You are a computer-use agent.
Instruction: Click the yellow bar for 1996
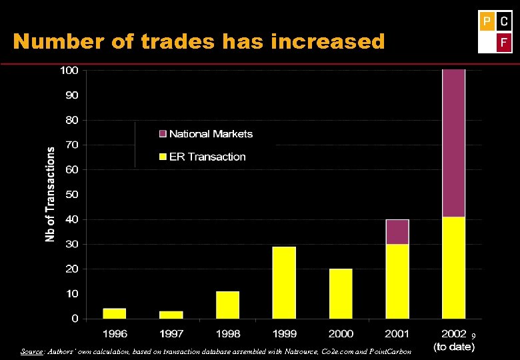coord(114,313)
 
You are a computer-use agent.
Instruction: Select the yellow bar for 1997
coord(171,315)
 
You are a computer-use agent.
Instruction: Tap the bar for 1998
coord(227,305)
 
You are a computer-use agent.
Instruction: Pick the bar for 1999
coord(284,283)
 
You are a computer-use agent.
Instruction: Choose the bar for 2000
coord(341,293)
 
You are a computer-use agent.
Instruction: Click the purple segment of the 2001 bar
coord(397,232)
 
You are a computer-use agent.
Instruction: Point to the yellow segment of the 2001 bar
coord(397,281)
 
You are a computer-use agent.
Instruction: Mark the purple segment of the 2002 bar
coord(453,143)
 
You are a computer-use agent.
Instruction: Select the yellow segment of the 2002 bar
coord(453,267)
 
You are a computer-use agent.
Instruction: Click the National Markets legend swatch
coord(162,134)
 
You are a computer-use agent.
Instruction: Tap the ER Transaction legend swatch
coord(162,157)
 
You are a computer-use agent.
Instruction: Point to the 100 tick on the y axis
coord(69,70)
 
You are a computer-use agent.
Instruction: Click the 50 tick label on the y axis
coord(71,195)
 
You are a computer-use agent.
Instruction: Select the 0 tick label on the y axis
coord(75,319)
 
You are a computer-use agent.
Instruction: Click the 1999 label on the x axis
coord(284,333)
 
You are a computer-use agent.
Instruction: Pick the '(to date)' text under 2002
coord(453,347)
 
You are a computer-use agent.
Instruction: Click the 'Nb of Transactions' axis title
coord(51,195)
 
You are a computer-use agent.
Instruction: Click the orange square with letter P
coord(487,21)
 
